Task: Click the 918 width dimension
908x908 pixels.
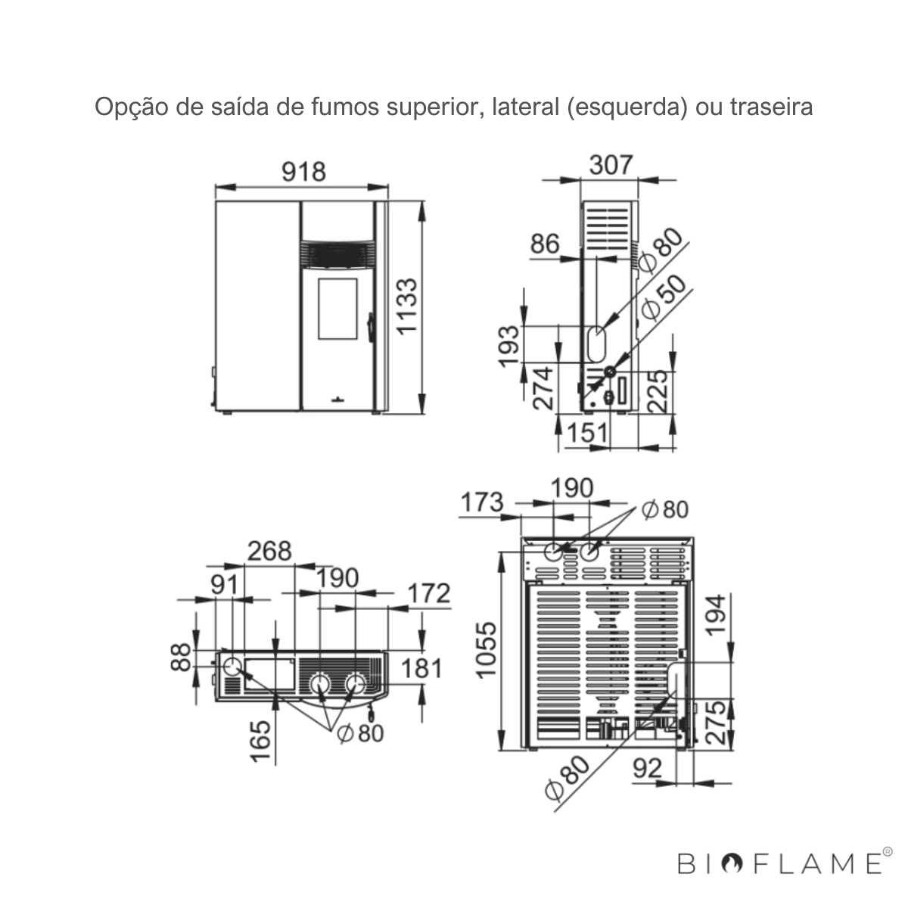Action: [304, 172]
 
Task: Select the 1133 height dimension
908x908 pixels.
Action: [406, 306]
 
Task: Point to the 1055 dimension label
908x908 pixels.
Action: [487, 651]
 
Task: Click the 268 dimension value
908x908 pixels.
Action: [269, 550]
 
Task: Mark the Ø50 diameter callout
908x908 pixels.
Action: [664, 298]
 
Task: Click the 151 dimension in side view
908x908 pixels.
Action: [588, 433]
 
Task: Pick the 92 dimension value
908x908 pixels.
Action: [648, 769]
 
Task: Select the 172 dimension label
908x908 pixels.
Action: [429, 592]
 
